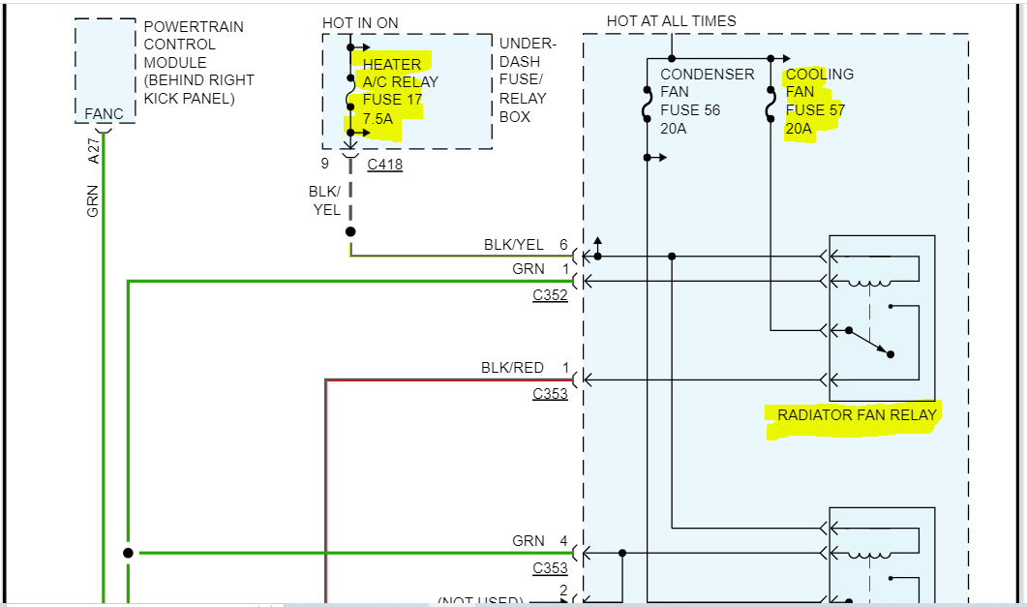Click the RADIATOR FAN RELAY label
(x=857, y=415)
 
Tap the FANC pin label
(x=105, y=114)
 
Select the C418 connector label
(x=384, y=165)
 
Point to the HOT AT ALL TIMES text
(x=671, y=21)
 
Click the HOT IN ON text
(x=360, y=23)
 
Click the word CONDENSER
(x=707, y=75)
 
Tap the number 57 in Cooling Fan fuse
(x=835, y=110)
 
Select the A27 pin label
(x=94, y=150)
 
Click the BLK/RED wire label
(x=512, y=368)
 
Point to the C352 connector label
(x=550, y=295)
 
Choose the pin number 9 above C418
(x=325, y=164)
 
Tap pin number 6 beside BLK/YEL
(x=563, y=245)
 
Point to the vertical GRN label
(x=94, y=201)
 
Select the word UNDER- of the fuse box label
(x=528, y=45)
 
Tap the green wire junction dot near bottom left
(x=128, y=553)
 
